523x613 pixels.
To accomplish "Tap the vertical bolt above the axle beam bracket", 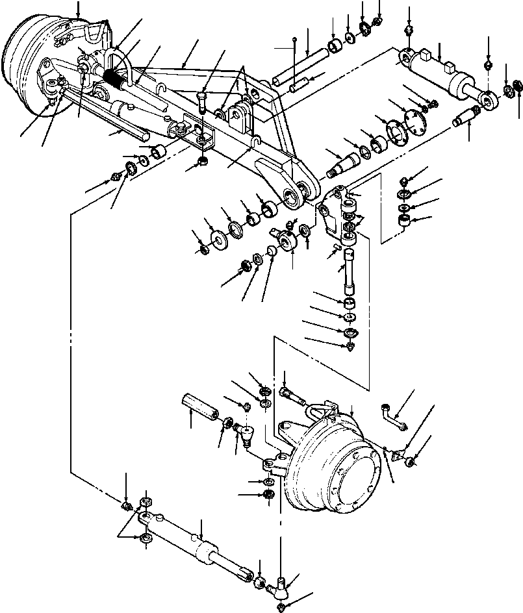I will tap(202, 103).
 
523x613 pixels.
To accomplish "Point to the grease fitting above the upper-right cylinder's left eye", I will tap(408, 31).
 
